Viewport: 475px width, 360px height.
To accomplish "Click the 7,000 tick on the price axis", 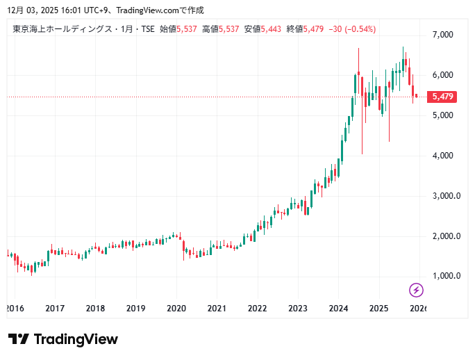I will pos(442,35).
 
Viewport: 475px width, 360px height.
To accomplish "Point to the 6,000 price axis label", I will pos(442,75).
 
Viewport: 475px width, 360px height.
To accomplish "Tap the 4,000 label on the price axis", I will pos(442,156).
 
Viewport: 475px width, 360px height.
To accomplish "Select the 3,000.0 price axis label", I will pos(447,196).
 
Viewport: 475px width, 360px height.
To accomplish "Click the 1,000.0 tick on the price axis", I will pos(447,276).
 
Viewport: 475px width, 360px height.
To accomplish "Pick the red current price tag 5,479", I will pos(442,97).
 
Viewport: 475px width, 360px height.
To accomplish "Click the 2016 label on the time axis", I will pos(15,309).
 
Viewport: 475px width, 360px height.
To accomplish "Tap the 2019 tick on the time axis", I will pos(136,309).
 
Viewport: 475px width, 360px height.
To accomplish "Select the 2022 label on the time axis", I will pos(258,309).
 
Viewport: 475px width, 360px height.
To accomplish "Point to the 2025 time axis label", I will pos(378,309).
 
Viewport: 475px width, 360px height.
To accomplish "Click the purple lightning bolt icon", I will pos(416,290).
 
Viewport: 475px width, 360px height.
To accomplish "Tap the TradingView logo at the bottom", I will pos(63,339).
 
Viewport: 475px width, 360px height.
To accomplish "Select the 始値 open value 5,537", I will pos(187,29).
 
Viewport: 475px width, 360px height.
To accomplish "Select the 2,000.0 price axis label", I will pos(447,236).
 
